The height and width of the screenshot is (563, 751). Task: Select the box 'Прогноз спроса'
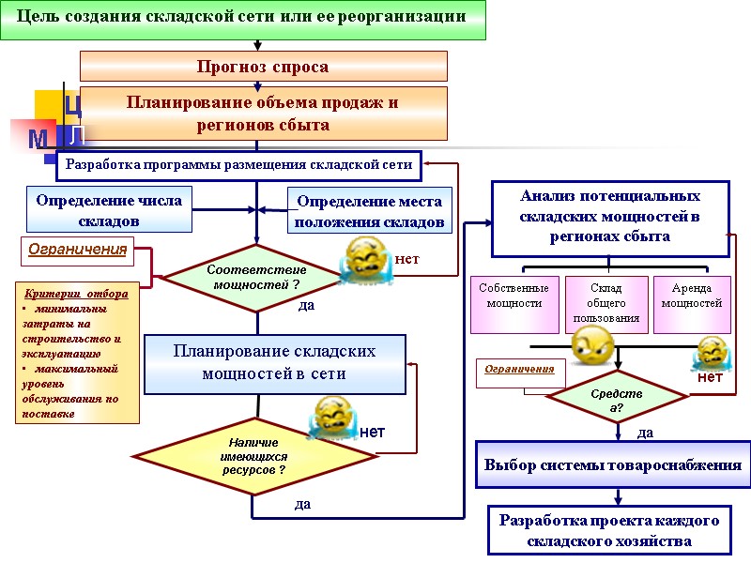(263, 67)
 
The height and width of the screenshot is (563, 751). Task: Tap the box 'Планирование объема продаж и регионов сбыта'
(263, 114)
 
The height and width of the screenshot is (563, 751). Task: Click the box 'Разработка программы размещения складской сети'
(239, 165)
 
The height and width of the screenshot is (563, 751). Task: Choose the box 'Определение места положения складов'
(369, 211)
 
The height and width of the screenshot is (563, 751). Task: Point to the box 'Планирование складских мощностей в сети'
(274, 362)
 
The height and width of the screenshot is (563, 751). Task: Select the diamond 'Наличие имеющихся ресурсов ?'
(252, 456)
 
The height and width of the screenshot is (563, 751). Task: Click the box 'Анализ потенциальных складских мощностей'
(610, 217)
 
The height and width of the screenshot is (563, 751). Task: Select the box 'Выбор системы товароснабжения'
(612, 464)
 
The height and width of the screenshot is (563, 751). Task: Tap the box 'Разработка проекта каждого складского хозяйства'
(609, 530)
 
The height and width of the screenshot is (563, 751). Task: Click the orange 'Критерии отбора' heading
(77, 293)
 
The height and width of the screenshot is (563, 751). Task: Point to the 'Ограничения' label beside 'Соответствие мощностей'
(77, 251)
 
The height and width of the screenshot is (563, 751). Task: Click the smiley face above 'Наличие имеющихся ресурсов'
(332, 418)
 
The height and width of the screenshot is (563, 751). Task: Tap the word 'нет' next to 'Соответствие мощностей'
(406, 258)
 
